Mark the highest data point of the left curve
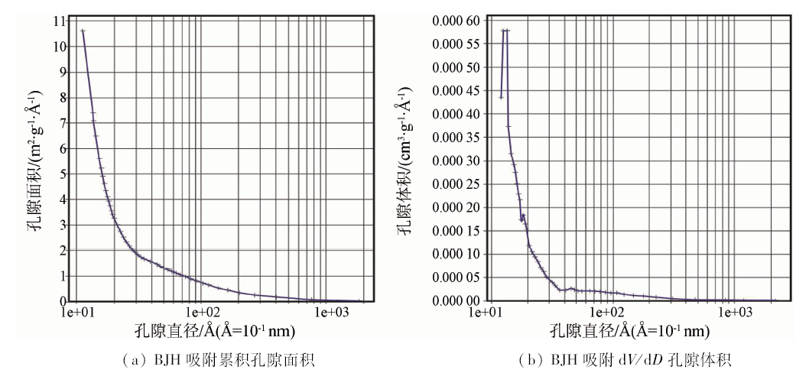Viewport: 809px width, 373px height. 83,31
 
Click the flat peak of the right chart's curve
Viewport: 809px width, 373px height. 505,31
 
